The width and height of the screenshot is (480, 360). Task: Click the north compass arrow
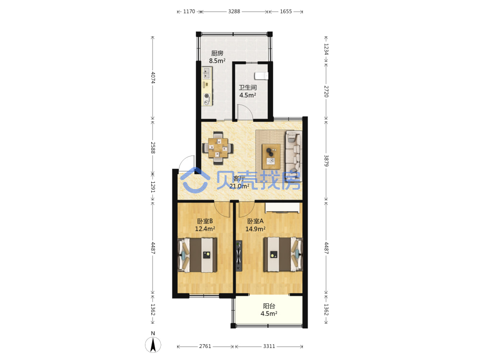(x=153, y=345)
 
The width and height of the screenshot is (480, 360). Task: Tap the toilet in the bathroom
(x=261, y=76)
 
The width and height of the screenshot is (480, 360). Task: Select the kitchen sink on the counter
(x=206, y=73)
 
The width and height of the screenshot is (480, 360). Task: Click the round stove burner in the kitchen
(x=207, y=96)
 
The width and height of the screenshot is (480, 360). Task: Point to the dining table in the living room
(x=218, y=148)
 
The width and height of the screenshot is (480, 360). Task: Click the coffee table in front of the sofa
(x=271, y=156)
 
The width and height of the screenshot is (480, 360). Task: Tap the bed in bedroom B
(x=197, y=255)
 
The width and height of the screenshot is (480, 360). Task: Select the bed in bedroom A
(x=283, y=254)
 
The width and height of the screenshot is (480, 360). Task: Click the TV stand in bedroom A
(x=239, y=256)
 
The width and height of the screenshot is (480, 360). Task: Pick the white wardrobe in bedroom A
(x=283, y=207)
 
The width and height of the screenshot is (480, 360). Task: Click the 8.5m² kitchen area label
(x=217, y=61)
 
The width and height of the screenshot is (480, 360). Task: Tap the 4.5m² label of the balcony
(x=269, y=313)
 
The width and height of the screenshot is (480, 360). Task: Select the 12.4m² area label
(x=205, y=228)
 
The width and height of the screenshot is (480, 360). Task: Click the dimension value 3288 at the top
(x=234, y=12)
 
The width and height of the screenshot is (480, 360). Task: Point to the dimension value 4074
(x=153, y=77)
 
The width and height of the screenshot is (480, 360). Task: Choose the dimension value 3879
(x=326, y=161)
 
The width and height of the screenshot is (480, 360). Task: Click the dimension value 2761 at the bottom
(x=205, y=346)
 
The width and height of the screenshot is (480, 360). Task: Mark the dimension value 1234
(x=326, y=49)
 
